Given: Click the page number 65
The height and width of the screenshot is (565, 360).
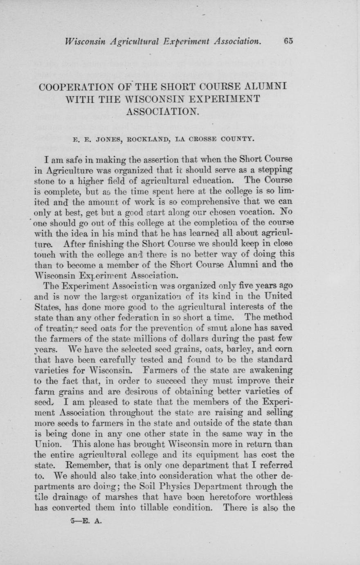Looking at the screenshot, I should pos(288,41).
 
